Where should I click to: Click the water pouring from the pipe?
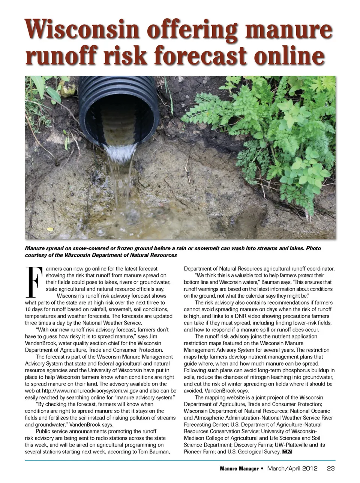pos(119,161)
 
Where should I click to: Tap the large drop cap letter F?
pos(33,281)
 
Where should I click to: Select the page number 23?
pos(331,468)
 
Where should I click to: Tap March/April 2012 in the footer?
pos(292,468)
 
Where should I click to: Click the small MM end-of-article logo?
pos(287,452)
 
